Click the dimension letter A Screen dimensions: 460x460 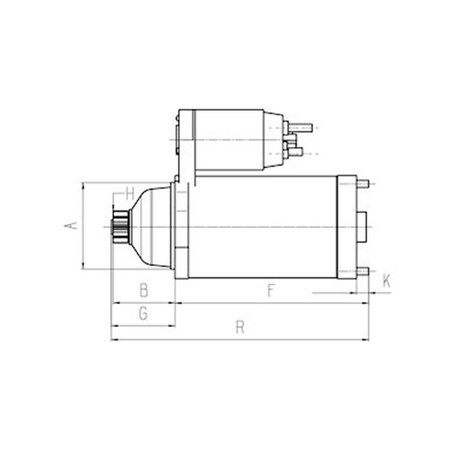(x=71, y=225)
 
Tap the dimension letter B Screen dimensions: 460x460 (x=144, y=290)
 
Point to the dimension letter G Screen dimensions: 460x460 (x=143, y=313)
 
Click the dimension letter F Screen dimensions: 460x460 (x=271, y=290)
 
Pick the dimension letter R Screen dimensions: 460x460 (x=240, y=327)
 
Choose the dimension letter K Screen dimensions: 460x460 (x=386, y=281)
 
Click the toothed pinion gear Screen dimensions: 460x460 (x=121, y=227)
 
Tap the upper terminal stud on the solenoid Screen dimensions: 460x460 (x=300, y=128)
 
